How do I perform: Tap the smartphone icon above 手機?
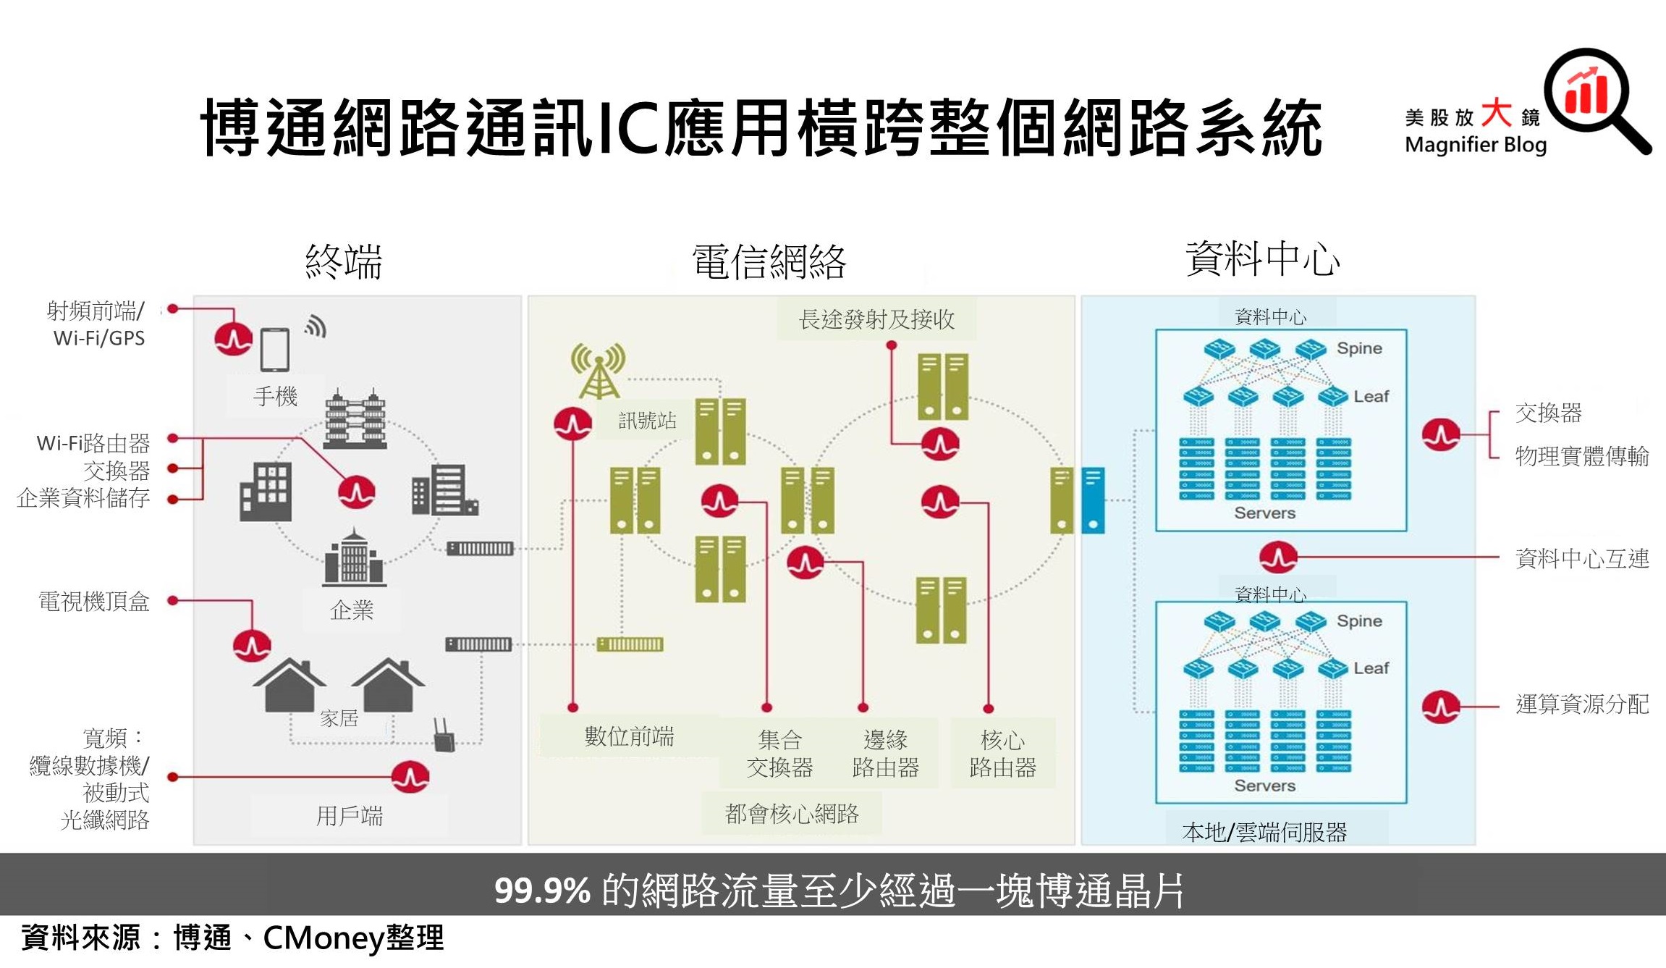pos(275,350)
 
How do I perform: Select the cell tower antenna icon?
pos(598,371)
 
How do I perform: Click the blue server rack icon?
pos(1093,500)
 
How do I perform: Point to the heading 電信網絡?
pos(769,261)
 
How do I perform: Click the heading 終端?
pos(343,261)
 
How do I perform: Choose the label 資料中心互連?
pos(1581,558)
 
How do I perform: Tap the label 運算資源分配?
pos(1581,704)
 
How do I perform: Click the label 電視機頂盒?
pos(94,601)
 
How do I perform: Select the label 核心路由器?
pos(1002,753)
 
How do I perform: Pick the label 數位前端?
pos(629,736)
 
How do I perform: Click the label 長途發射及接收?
pos(876,319)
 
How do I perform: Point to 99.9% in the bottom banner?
pos(542,890)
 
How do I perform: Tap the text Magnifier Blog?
pos(1475,145)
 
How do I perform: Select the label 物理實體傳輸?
pos(1581,456)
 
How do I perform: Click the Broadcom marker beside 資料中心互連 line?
pos(1277,557)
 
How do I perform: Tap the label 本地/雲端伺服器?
pos(1264,832)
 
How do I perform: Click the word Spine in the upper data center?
pos(1358,348)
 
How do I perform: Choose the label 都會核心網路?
pos(792,814)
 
